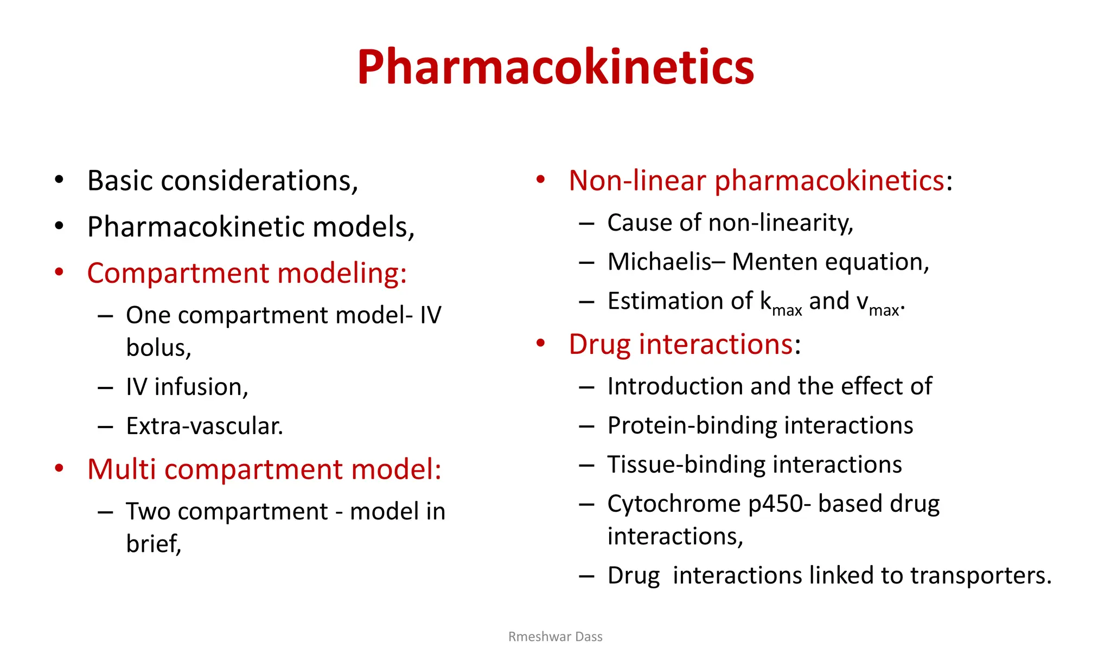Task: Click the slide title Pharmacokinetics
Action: tap(555, 67)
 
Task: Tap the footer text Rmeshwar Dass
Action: tap(555, 637)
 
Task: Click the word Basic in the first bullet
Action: tap(120, 181)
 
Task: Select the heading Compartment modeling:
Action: tap(247, 273)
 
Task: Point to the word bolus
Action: tap(157, 347)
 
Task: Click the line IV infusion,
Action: tap(187, 387)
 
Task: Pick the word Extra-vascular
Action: tap(204, 426)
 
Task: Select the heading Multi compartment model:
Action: tap(264, 469)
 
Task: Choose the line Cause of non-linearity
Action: tap(730, 223)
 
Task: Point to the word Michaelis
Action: tap(660, 262)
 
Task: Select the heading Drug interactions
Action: tap(681, 344)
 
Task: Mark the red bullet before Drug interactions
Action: tap(540, 343)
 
